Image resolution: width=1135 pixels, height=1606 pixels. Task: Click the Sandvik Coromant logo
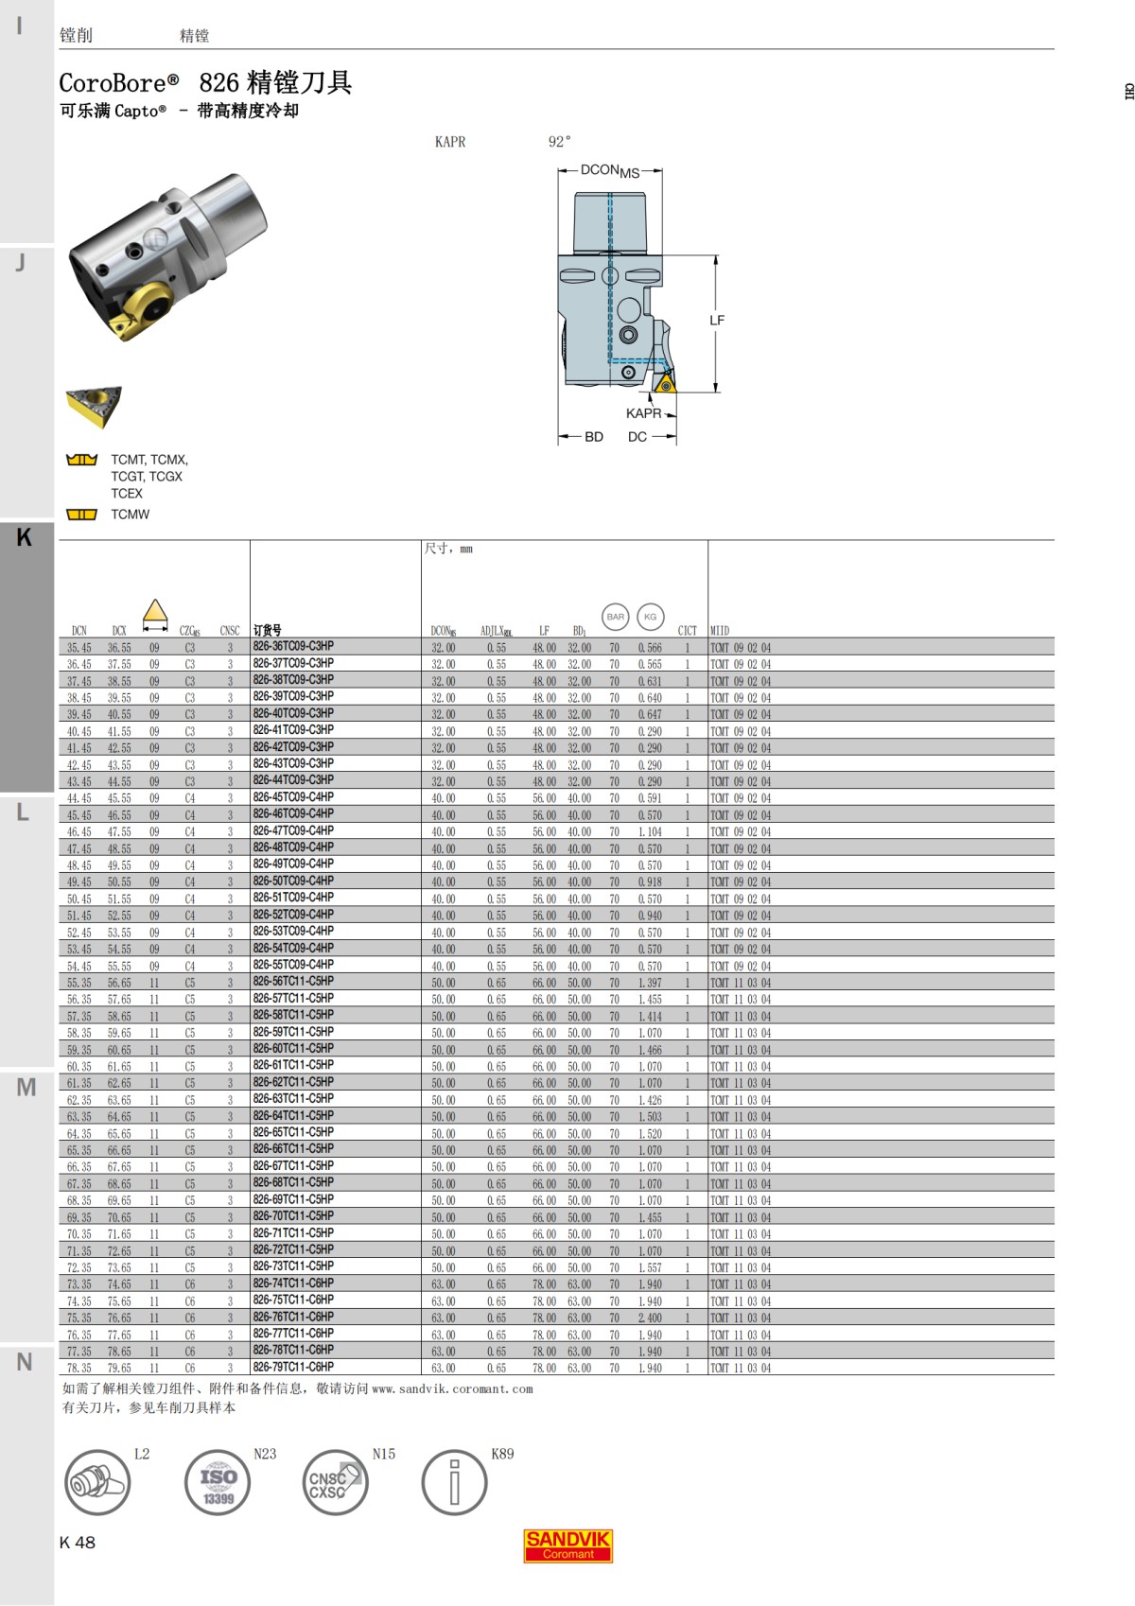pyautogui.click(x=567, y=1545)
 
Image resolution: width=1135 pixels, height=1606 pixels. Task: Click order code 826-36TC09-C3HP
pyautogui.click(x=293, y=647)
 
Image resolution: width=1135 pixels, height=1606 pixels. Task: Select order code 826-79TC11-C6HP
pyautogui.click(x=293, y=1368)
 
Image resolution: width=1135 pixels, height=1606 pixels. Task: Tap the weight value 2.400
pyautogui.click(x=650, y=1318)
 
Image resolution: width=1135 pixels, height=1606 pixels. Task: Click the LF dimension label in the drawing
pyautogui.click(x=717, y=321)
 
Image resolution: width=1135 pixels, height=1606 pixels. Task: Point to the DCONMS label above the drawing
pyautogui.click(x=609, y=171)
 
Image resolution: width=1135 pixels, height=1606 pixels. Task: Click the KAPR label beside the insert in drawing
pyautogui.click(x=643, y=413)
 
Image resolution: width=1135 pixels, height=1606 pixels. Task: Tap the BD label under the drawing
pyautogui.click(x=594, y=437)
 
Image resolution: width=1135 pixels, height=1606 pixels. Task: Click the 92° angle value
pyautogui.click(x=559, y=142)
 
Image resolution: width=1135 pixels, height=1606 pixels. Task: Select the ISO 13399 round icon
pyautogui.click(x=218, y=1482)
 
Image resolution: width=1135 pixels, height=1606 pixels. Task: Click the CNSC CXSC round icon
pyautogui.click(x=335, y=1482)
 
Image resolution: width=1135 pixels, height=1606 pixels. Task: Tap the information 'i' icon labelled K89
pyautogui.click(x=454, y=1482)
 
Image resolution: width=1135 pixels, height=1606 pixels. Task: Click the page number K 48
pyautogui.click(x=78, y=1543)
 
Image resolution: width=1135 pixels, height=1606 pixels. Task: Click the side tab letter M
pyautogui.click(x=26, y=1088)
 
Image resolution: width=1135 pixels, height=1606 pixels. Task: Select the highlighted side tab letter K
pyautogui.click(x=25, y=537)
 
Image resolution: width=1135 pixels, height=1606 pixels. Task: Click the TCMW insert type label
pyautogui.click(x=131, y=515)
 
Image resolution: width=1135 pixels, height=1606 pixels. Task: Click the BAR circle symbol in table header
pyautogui.click(x=616, y=617)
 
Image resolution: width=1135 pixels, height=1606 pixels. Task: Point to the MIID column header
pyautogui.click(x=720, y=631)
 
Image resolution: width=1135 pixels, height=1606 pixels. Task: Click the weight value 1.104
pyautogui.click(x=650, y=832)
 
